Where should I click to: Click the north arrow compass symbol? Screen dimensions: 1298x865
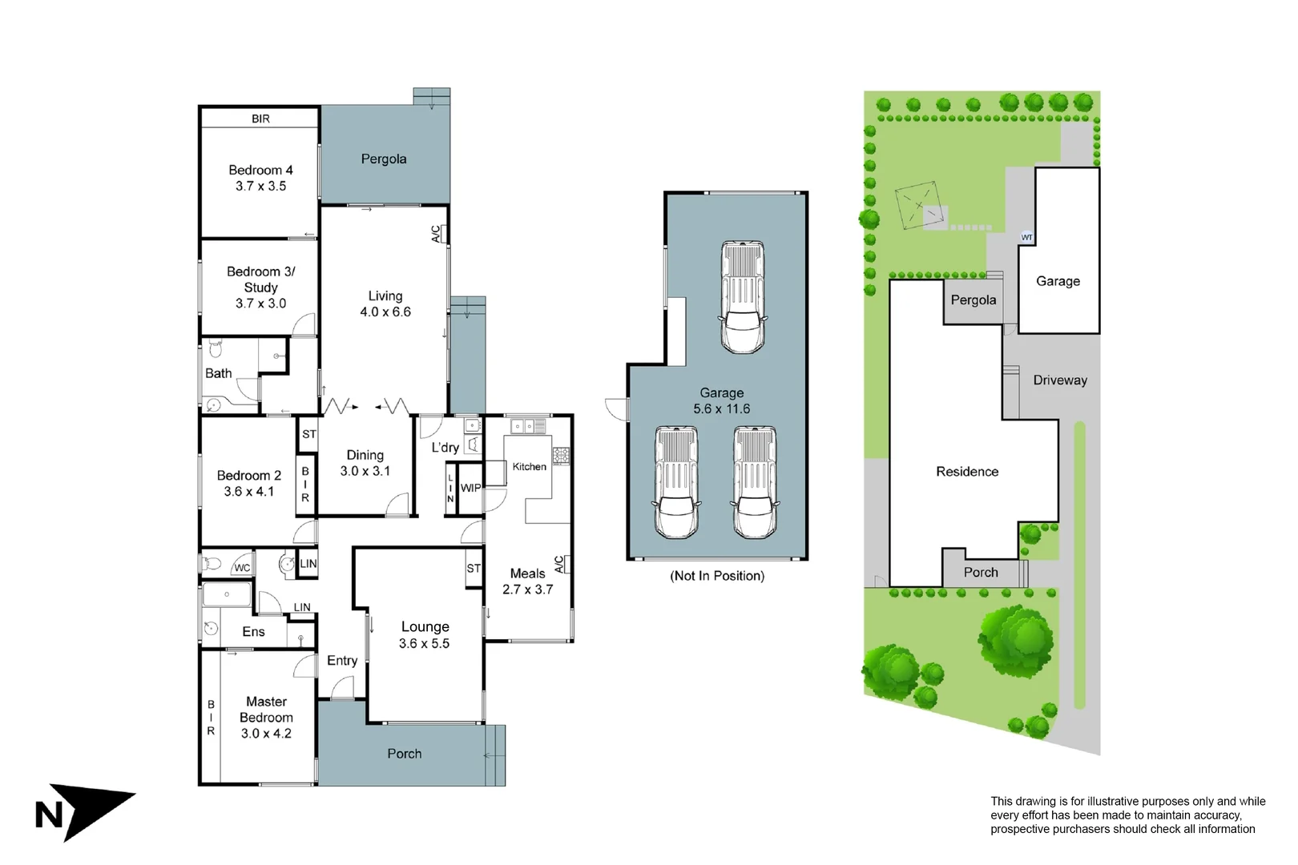(84, 811)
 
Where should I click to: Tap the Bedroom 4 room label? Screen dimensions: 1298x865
(260, 178)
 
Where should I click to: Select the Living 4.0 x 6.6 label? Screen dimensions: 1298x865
(385, 304)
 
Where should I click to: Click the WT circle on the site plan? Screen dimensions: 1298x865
(1026, 237)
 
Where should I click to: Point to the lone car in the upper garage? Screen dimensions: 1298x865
(742, 297)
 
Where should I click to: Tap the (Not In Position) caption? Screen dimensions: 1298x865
(717, 576)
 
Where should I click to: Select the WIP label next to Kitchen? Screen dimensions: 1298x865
(470, 488)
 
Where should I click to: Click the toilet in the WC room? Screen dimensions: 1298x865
(212, 564)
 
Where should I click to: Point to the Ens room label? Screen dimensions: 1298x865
(253, 632)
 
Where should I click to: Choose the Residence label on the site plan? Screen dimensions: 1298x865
(967, 472)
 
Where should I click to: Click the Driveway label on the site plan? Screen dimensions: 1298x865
(1059, 380)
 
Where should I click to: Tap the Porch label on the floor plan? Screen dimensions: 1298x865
(404, 754)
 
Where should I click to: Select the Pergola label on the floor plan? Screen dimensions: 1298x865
(384, 159)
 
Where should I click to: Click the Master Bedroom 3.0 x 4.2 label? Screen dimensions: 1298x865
(266, 718)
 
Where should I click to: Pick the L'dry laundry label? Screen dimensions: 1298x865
(445, 448)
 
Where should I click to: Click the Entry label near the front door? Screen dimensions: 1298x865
(342, 661)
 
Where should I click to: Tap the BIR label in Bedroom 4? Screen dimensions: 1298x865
(260, 119)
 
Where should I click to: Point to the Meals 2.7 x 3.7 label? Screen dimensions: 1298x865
(527, 581)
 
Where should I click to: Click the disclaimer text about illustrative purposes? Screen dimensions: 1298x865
(1127, 815)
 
